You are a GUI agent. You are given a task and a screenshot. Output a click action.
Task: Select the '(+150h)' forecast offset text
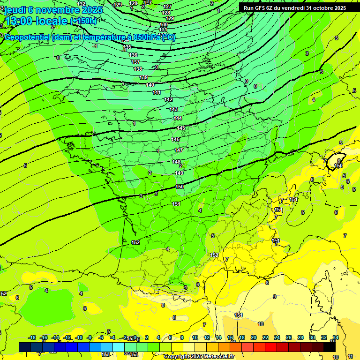point(83,21)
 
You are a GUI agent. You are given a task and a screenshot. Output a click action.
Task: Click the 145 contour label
point(181,128)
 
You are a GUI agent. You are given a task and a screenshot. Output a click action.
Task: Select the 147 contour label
point(179,150)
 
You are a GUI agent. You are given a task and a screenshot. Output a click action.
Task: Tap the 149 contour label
point(179,173)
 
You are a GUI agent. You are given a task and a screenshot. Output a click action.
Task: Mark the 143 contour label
point(173,109)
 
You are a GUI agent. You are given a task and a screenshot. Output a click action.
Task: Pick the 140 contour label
point(150,85)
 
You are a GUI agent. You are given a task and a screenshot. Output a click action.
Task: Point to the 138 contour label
point(138,69)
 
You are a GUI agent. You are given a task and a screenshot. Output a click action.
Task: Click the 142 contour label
point(169,100)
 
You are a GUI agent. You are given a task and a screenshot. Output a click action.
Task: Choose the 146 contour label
point(176,139)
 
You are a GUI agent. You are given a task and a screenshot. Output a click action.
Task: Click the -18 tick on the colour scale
point(32,338)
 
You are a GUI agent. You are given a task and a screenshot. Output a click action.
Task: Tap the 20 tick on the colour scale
point(254,338)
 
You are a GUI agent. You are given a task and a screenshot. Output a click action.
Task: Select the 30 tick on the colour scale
point(312,338)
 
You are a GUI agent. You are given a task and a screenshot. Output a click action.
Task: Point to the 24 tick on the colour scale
point(277,338)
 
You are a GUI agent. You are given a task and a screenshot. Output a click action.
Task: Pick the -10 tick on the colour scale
point(79,338)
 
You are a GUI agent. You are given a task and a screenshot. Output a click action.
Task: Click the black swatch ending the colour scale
point(330,347)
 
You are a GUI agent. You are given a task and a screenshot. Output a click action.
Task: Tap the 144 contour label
point(178,118)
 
